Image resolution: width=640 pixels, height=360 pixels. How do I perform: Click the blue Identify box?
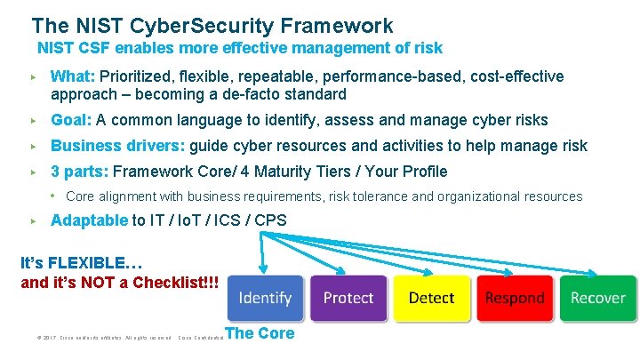click(x=265, y=298)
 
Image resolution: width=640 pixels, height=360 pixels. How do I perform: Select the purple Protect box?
click(x=348, y=298)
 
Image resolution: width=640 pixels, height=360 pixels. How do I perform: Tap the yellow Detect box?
click(x=432, y=298)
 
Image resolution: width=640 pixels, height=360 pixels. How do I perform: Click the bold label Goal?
click(x=71, y=120)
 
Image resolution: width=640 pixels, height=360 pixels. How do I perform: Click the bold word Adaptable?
click(x=90, y=220)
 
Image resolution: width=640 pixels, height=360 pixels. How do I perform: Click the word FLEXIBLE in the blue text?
click(x=92, y=264)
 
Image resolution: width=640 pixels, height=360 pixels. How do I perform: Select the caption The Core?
click(x=260, y=334)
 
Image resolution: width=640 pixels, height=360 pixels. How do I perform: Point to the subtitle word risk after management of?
click(x=425, y=48)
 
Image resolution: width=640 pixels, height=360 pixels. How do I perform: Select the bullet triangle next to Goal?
click(x=32, y=120)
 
